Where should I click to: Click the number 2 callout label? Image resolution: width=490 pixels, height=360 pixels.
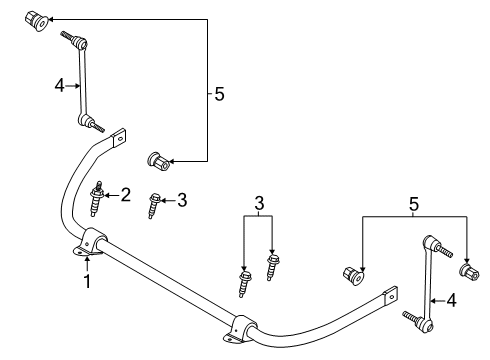(126, 195)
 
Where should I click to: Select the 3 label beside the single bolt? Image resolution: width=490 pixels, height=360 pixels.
(181, 201)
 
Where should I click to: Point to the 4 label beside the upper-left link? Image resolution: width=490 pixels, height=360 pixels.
(59, 86)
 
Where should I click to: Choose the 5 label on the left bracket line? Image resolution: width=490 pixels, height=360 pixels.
(220, 94)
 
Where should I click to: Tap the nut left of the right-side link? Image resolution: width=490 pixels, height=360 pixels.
(353, 273)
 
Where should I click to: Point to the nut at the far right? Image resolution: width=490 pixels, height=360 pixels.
(466, 270)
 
